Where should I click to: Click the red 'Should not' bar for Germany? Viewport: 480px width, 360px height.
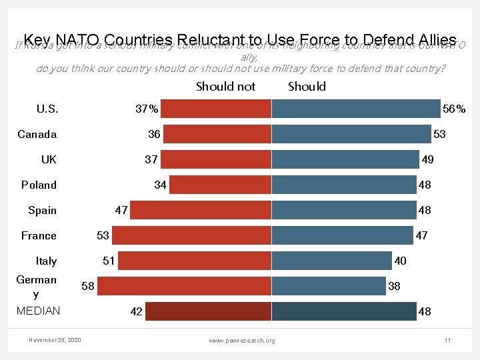189,286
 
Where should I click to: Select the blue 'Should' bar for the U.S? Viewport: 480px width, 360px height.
356,109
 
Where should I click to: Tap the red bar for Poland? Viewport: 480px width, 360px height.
220,185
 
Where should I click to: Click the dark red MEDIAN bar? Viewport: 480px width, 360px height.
209,311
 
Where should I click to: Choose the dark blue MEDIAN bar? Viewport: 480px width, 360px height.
343,311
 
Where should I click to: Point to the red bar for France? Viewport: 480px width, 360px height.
191,235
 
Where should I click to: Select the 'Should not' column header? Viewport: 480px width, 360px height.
225,87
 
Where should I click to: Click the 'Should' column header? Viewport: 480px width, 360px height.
307,87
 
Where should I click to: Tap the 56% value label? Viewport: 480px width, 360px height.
454,109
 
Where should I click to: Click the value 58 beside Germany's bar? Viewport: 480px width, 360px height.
87,287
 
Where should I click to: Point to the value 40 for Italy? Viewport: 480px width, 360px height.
400,261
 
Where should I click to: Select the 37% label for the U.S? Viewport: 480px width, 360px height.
147,109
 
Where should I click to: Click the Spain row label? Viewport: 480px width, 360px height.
42,210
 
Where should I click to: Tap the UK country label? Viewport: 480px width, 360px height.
49,159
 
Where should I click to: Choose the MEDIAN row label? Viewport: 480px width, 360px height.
38,311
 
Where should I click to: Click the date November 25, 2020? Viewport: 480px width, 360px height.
55,340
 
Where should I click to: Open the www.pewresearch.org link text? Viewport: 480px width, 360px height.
241,341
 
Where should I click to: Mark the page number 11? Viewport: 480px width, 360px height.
447,341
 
